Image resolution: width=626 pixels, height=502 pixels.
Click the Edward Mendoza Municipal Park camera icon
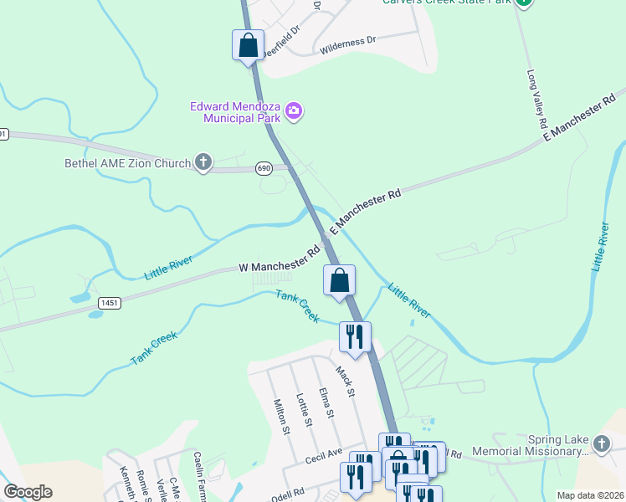[x=294, y=110]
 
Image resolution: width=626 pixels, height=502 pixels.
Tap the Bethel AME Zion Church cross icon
[x=203, y=162]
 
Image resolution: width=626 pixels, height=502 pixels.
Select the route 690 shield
[x=264, y=169]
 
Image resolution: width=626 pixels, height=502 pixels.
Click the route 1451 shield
[x=108, y=303]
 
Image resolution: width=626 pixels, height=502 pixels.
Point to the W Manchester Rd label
[x=280, y=258]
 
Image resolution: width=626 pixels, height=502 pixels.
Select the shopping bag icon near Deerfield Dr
[x=248, y=45]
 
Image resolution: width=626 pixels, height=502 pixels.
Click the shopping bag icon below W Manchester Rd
[x=339, y=280]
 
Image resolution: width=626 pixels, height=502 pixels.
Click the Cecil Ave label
[x=325, y=454]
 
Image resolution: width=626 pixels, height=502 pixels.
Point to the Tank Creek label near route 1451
[x=154, y=349]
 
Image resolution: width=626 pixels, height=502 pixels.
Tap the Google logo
[x=28, y=492]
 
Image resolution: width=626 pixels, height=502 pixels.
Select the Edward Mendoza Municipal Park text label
[x=234, y=111]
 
